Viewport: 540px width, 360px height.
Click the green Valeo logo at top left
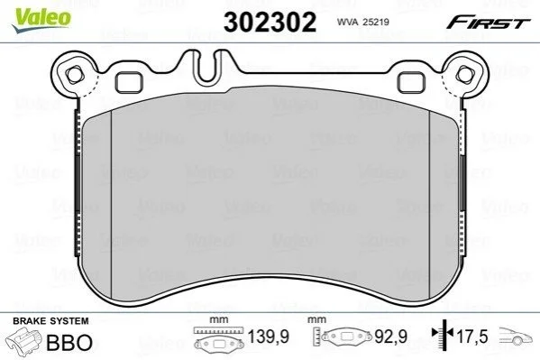(x=41, y=20)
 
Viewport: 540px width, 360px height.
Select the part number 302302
(x=270, y=22)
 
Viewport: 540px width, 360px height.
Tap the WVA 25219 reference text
(x=363, y=22)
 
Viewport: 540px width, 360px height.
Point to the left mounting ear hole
(x=74, y=75)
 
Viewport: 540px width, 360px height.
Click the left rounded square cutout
(x=128, y=82)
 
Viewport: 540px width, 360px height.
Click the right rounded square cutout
(x=411, y=82)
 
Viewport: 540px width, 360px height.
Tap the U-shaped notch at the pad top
(x=206, y=68)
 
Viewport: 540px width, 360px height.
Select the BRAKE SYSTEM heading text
(x=50, y=321)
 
